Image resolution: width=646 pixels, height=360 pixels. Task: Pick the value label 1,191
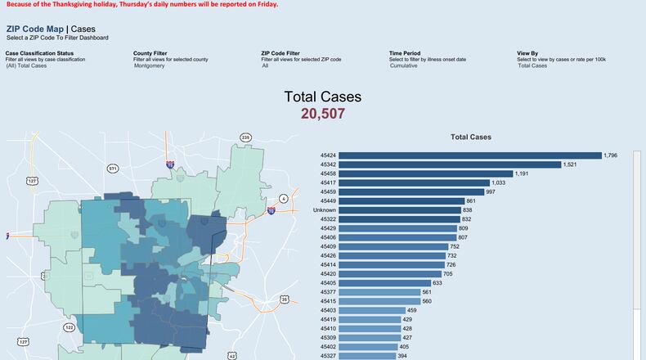tap(523, 173)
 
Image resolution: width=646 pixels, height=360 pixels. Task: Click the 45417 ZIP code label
tap(328, 183)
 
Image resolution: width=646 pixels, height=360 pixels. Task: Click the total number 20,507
tap(323, 114)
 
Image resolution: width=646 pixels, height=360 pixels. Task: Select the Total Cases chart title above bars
tap(471, 137)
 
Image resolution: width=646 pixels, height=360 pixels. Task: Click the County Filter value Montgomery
tap(150, 65)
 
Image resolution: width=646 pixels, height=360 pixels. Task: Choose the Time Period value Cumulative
tap(403, 65)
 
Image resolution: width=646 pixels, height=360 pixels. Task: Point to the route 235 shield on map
tap(245, 137)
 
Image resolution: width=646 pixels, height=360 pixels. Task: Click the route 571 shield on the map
tap(113, 169)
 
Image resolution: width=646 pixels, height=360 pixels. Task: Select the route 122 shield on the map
tap(69, 327)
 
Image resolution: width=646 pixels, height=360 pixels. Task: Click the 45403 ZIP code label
tap(328, 310)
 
